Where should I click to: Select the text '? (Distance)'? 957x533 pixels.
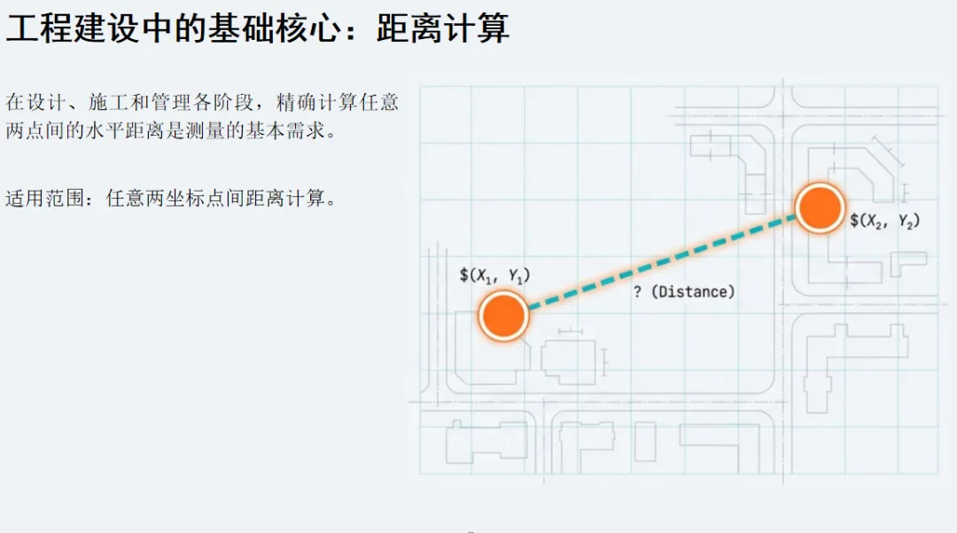(x=683, y=292)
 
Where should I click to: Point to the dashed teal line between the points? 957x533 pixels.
(x=660, y=261)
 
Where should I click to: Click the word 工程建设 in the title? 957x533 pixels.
(x=61, y=28)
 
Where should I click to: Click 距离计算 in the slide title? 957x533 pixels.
(x=443, y=28)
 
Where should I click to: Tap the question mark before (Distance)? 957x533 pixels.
(x=637, y=292)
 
